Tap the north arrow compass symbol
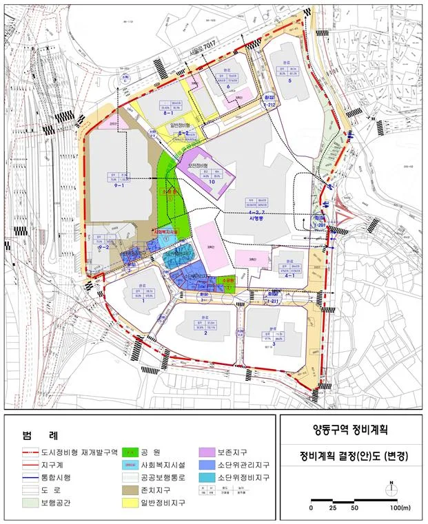pyautogui.click(x=391, y=487)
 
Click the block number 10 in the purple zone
pyautogui.click(x=203, y=182)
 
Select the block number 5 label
pyautogui.click(x=290, y=81)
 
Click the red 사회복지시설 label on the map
pyautogui.click(x=165, y=232)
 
